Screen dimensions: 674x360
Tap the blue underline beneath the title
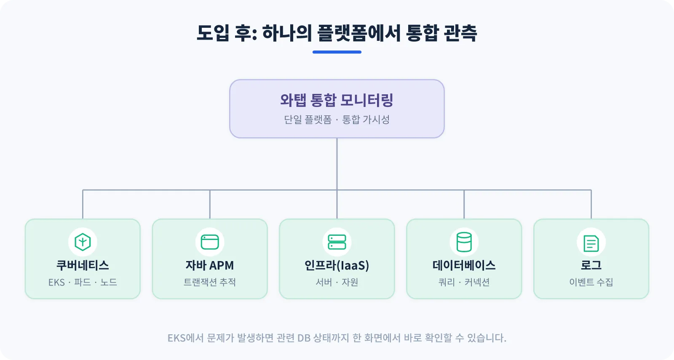coord(337,52)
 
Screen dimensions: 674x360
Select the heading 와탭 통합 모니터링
coord(337,100)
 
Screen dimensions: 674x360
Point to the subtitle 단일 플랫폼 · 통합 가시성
coord(337,120)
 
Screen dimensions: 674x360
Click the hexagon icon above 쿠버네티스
coord(83,242)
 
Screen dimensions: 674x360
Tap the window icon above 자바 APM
coord(210,242)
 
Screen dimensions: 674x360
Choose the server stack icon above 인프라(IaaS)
coord(337,242)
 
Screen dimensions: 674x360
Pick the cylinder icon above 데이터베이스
coord(464,242)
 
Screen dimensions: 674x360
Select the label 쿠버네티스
coord(83,265)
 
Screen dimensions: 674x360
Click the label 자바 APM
coord(210,265)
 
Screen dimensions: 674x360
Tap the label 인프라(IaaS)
coord(337,265)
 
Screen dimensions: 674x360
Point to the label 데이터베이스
coord(464,265)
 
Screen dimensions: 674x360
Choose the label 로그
coord(591,265)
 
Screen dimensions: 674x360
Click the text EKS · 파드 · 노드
coord(83,282)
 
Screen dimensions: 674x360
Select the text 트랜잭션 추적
coord(210,282)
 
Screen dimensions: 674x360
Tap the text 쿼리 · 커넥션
coord(464,282)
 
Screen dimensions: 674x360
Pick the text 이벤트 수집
coord(591,282)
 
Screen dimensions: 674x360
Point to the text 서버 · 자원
coord(337,282)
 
